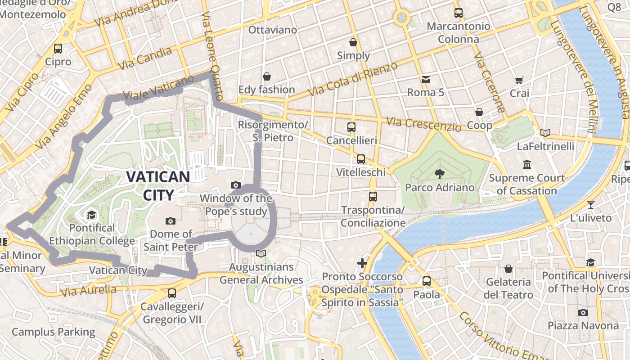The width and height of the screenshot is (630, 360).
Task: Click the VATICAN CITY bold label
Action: click(x=158, y=185)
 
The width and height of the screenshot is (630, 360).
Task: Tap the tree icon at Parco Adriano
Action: click(x=440, y=174)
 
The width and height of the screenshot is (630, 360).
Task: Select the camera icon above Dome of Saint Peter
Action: click(x=171, y=220)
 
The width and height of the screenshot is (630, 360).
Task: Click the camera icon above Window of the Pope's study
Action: click(x=235, y=185)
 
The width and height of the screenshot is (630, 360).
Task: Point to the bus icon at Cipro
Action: click(x=58, y=49)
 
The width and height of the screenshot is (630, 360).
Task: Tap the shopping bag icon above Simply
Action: click(x=353, y=42)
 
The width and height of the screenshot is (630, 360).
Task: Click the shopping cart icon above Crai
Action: click(x=519, y=81)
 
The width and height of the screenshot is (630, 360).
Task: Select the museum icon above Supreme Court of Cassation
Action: click(x=526, y=164)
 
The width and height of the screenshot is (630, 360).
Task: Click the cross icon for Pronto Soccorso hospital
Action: click(x=362, y=263)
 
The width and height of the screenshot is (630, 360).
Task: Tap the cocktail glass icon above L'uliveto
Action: click(x=591, y=205)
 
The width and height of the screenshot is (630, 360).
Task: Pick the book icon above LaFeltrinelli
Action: click(x=545, y=133)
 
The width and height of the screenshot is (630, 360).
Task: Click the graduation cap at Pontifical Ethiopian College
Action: click(x=92, y=214)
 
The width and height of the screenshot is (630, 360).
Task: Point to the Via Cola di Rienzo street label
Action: click(x=353, y=79)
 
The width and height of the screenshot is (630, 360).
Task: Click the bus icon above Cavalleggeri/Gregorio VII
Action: click(x=172, y=293)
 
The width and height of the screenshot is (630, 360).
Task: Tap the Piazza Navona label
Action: click(x=583, y=325)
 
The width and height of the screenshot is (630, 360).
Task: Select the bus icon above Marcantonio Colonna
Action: click(x=459, y=13)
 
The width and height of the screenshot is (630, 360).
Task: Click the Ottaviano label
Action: click(x=273, y=30)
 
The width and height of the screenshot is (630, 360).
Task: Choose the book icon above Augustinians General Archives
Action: click(x=261, y=254)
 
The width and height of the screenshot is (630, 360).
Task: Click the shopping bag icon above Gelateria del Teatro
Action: click(x=508, y=269)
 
